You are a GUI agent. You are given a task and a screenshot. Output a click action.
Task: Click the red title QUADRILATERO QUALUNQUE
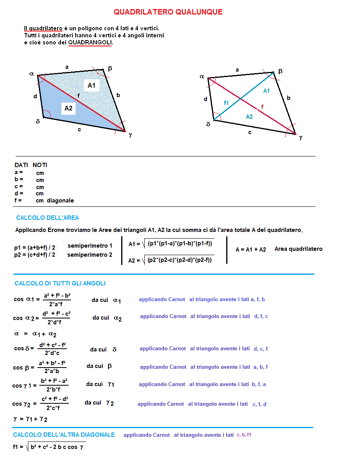pyautogui.click(x=168, y=12)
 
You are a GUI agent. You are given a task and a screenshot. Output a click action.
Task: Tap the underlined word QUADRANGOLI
pyautogui.click(x=90, y=42)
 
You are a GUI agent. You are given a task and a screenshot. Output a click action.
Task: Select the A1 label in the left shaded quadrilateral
pyautogui.click(x=91, y=85)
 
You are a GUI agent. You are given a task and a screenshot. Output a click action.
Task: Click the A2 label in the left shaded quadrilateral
pyautogui.click(x=68, y=108)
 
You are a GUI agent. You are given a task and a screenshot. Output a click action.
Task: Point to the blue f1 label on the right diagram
pyautogui.click(x=226, y=103)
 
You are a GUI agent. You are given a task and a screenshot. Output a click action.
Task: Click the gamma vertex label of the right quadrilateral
pyautogui.click(x=301, y=138)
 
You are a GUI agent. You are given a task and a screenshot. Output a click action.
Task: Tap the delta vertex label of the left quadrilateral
pyautogui.click(x=38, y=121)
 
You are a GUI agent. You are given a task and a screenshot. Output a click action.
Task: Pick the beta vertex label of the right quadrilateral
pyautogui.click(x=281, y=71)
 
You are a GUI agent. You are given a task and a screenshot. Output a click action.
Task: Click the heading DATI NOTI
pyautogui.click(x=31, y=165)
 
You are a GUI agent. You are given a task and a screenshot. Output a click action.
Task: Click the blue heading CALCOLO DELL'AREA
pyautogui.click(x=48, y=218)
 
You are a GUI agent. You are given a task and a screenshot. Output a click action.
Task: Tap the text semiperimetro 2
pyautogui.click(x=90, y=255)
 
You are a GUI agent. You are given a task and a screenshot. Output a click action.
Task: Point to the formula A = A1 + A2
pyautogui.click(x=251, y=250)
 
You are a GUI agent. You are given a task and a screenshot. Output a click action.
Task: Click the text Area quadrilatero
pyautogui.click(x=298, y=249)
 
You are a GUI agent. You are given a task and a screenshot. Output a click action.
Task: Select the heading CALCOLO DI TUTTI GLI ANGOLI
pyautogui.click(x=60, y=283)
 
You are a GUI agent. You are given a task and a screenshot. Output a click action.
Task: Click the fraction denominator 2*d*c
pyautogui.click(x=52, y=353)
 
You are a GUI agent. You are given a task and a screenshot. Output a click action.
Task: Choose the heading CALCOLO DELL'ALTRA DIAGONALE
pyautogui.click(x=64, y=435)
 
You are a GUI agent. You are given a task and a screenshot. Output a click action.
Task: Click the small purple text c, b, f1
pyautogui.click(x=244, y=435)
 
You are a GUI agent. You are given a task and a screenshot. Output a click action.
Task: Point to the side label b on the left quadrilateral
pyautogui.click(x=118, y=95)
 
